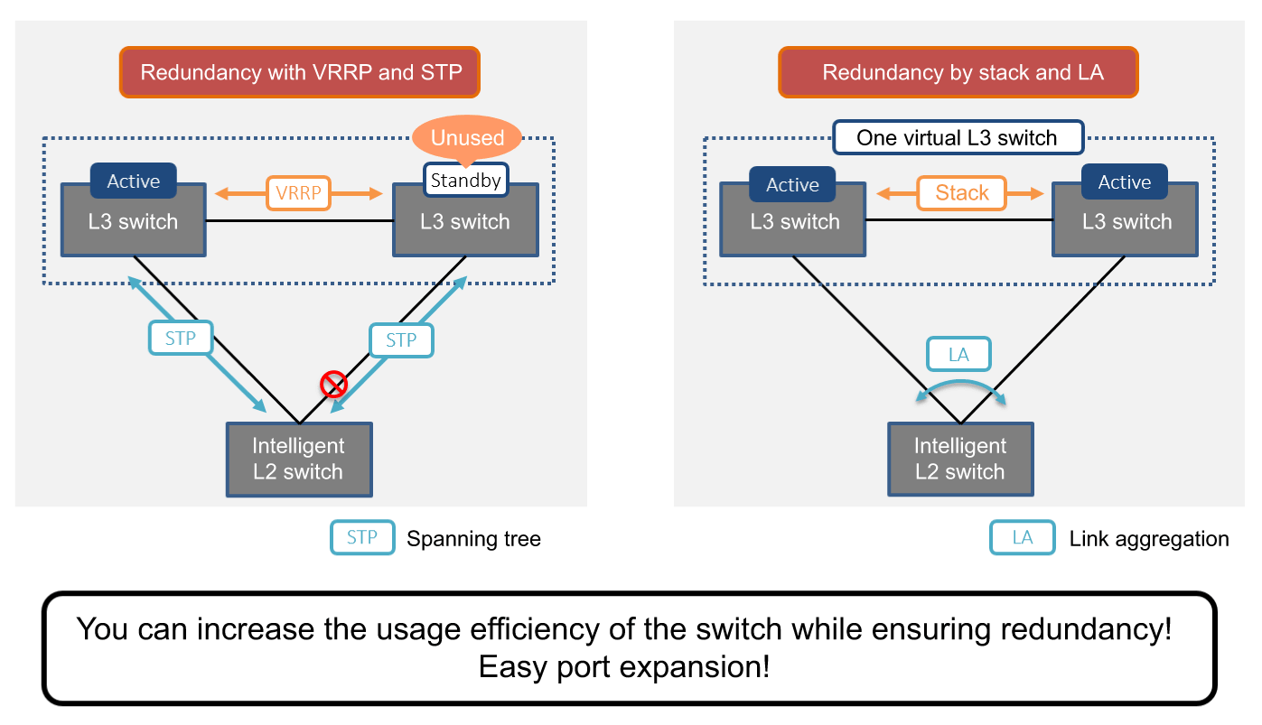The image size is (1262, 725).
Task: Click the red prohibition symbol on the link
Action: tap(334, 386)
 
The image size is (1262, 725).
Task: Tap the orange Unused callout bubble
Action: tap(467, 137)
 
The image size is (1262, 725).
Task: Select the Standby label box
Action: tap(465, 180)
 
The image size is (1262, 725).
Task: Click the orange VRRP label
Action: tap(298, 192)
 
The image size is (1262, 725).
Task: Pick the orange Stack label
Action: tap(962, 192)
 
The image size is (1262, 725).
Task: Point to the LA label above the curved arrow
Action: tap(958, 355)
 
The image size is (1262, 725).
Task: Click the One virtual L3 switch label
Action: tap(957, 137)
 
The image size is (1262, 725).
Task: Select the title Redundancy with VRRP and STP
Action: tap(299, 72)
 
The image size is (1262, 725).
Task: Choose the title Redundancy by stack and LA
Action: tap(958, 72)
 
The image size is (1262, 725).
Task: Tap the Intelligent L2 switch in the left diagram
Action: tap(298, 459)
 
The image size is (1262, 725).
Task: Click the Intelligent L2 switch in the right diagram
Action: tap(959, 459)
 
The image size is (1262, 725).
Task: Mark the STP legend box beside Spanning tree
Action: tap(362, 538)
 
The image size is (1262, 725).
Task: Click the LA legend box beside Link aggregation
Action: tap(1023, 538)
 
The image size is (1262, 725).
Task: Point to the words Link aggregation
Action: tap(1148, 539)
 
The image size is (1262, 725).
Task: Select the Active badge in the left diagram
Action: tap(133, 181)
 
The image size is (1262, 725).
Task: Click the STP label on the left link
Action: tap(181, 339)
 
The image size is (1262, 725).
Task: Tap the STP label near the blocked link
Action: tap(401, 340)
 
